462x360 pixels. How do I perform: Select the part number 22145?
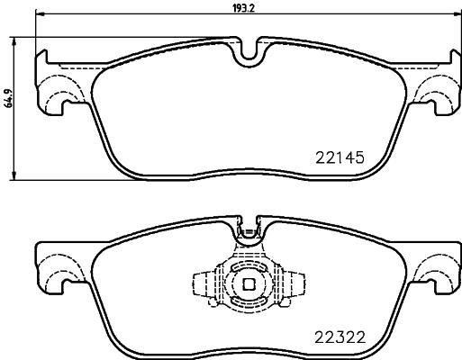(340, 157)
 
